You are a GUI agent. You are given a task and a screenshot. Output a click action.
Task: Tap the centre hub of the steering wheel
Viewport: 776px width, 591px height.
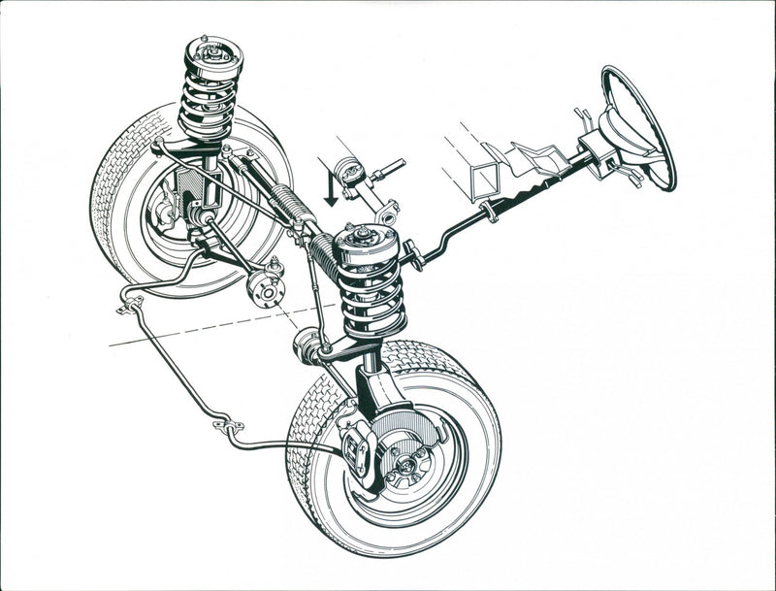622,131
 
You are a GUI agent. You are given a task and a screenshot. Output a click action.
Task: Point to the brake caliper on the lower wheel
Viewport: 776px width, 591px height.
357,452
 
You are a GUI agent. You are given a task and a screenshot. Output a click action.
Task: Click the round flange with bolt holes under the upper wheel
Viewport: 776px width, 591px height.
265,286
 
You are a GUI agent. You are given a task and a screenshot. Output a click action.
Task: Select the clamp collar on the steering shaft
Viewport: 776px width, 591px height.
491,213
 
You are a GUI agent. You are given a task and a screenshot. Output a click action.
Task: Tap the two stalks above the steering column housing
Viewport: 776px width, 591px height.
583,118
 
